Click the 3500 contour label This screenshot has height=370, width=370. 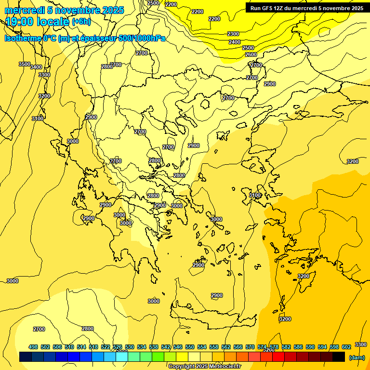25,64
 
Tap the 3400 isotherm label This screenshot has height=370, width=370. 36,67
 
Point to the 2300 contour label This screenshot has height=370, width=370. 233,34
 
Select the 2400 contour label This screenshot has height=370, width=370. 235,42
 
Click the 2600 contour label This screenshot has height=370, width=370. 251,55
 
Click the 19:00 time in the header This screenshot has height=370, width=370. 19,22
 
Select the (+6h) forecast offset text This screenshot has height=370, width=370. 81,22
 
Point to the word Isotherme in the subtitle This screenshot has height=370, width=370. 23,38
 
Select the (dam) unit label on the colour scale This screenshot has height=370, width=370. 357,357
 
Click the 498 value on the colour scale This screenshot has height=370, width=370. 33,347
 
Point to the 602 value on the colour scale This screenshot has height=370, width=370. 346,347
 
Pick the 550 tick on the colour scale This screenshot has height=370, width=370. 190,347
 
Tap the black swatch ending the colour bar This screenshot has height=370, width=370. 339,357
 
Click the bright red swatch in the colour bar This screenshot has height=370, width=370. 278,357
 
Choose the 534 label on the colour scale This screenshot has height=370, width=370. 142,347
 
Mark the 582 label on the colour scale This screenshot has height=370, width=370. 286,347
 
